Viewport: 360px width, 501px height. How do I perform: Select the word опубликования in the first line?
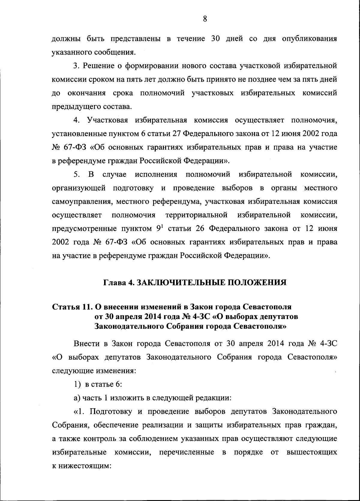[x=309, y=39]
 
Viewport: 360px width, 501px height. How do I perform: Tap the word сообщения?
[x=114, y=53]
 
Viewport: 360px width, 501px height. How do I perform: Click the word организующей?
[x=79, y=188]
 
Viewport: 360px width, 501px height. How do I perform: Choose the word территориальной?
[x=196, y=215]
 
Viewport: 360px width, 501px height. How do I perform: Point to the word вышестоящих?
[x=312, y=452]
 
